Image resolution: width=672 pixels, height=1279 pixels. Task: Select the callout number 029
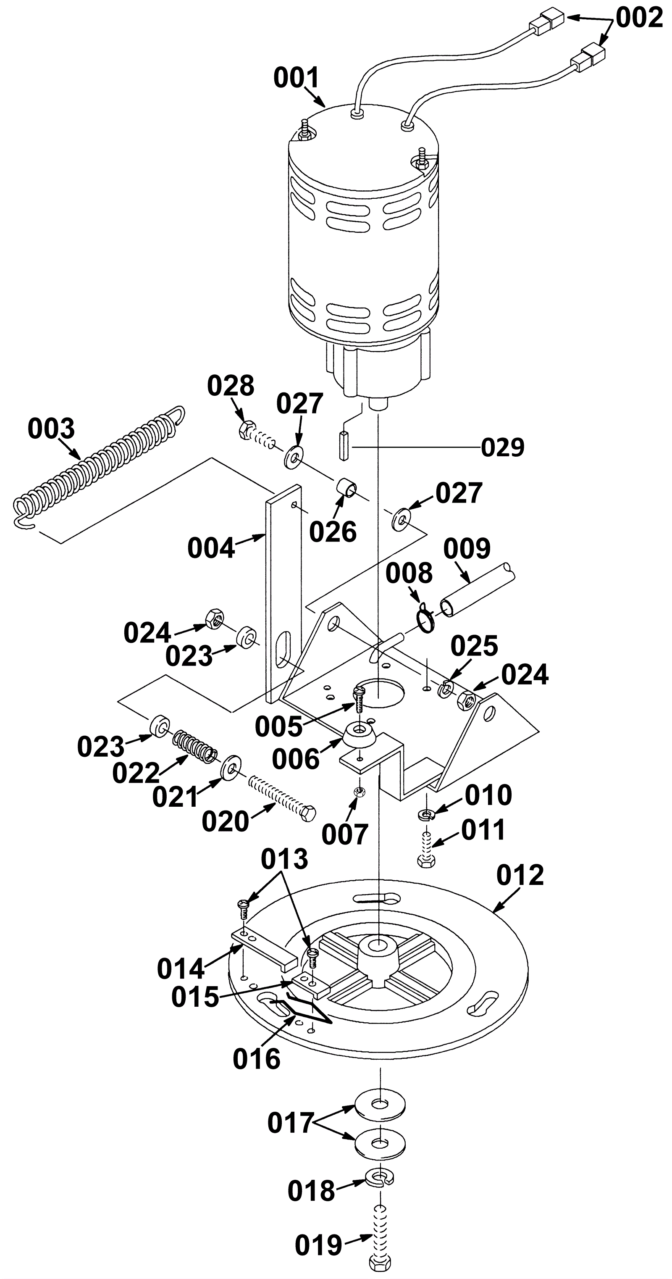tap(503, 448)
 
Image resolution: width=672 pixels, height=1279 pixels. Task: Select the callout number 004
tap(211, 549)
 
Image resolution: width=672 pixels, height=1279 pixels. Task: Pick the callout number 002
tap(639, 18)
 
